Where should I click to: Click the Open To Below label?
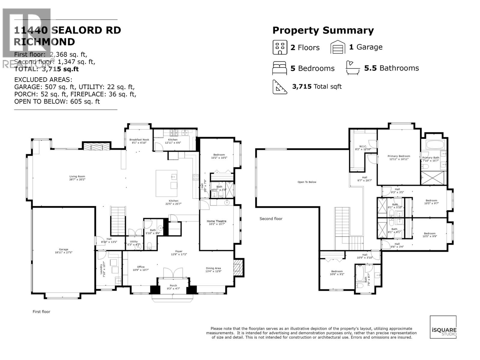(x=307, y=182)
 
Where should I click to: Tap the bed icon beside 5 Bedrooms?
(x=280, y=68)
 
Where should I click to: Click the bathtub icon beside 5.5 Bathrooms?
(x=353, y=68)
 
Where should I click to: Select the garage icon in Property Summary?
(x=338, y=47)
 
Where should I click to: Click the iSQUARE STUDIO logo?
(x=443, y=327)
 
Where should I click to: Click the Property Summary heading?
(x=323, y=30)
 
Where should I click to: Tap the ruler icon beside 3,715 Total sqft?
(x=280, y=87)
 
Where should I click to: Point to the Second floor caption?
(x=271, y=219)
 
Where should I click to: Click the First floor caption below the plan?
(x=41, y=312)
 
